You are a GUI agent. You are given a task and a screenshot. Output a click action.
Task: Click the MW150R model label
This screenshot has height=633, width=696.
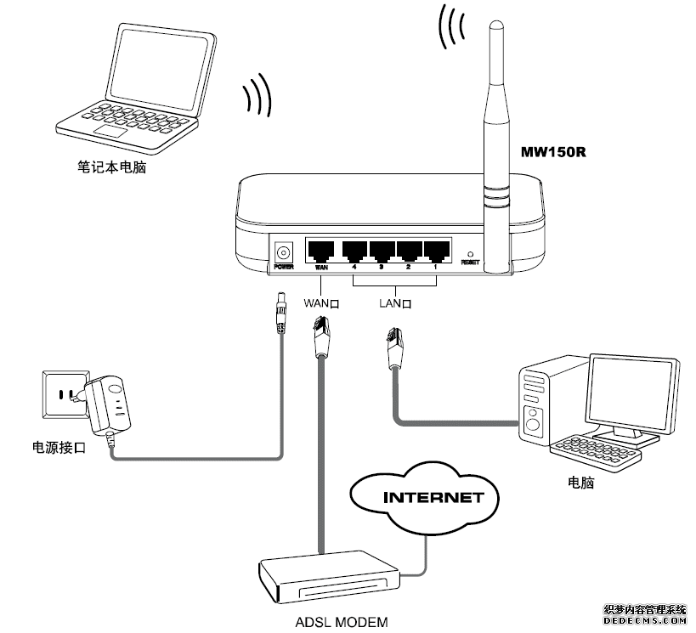tap(554, 154)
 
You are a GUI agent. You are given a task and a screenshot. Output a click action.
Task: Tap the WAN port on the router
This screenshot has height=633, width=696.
tap(321, 251)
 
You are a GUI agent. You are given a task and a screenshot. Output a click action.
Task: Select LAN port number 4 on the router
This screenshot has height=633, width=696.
tap(354, 251)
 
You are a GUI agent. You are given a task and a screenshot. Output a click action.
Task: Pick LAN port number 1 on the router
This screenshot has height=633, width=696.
tap(437, 251)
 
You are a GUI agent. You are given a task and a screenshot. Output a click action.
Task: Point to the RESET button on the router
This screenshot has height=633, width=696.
tap(470, 254)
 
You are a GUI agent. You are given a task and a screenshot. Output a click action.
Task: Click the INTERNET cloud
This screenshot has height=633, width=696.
tap(421, 497)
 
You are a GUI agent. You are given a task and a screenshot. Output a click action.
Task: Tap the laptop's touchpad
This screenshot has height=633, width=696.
tap(111, 133)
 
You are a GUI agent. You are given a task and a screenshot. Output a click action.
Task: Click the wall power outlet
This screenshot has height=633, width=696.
tap(61, 397)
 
